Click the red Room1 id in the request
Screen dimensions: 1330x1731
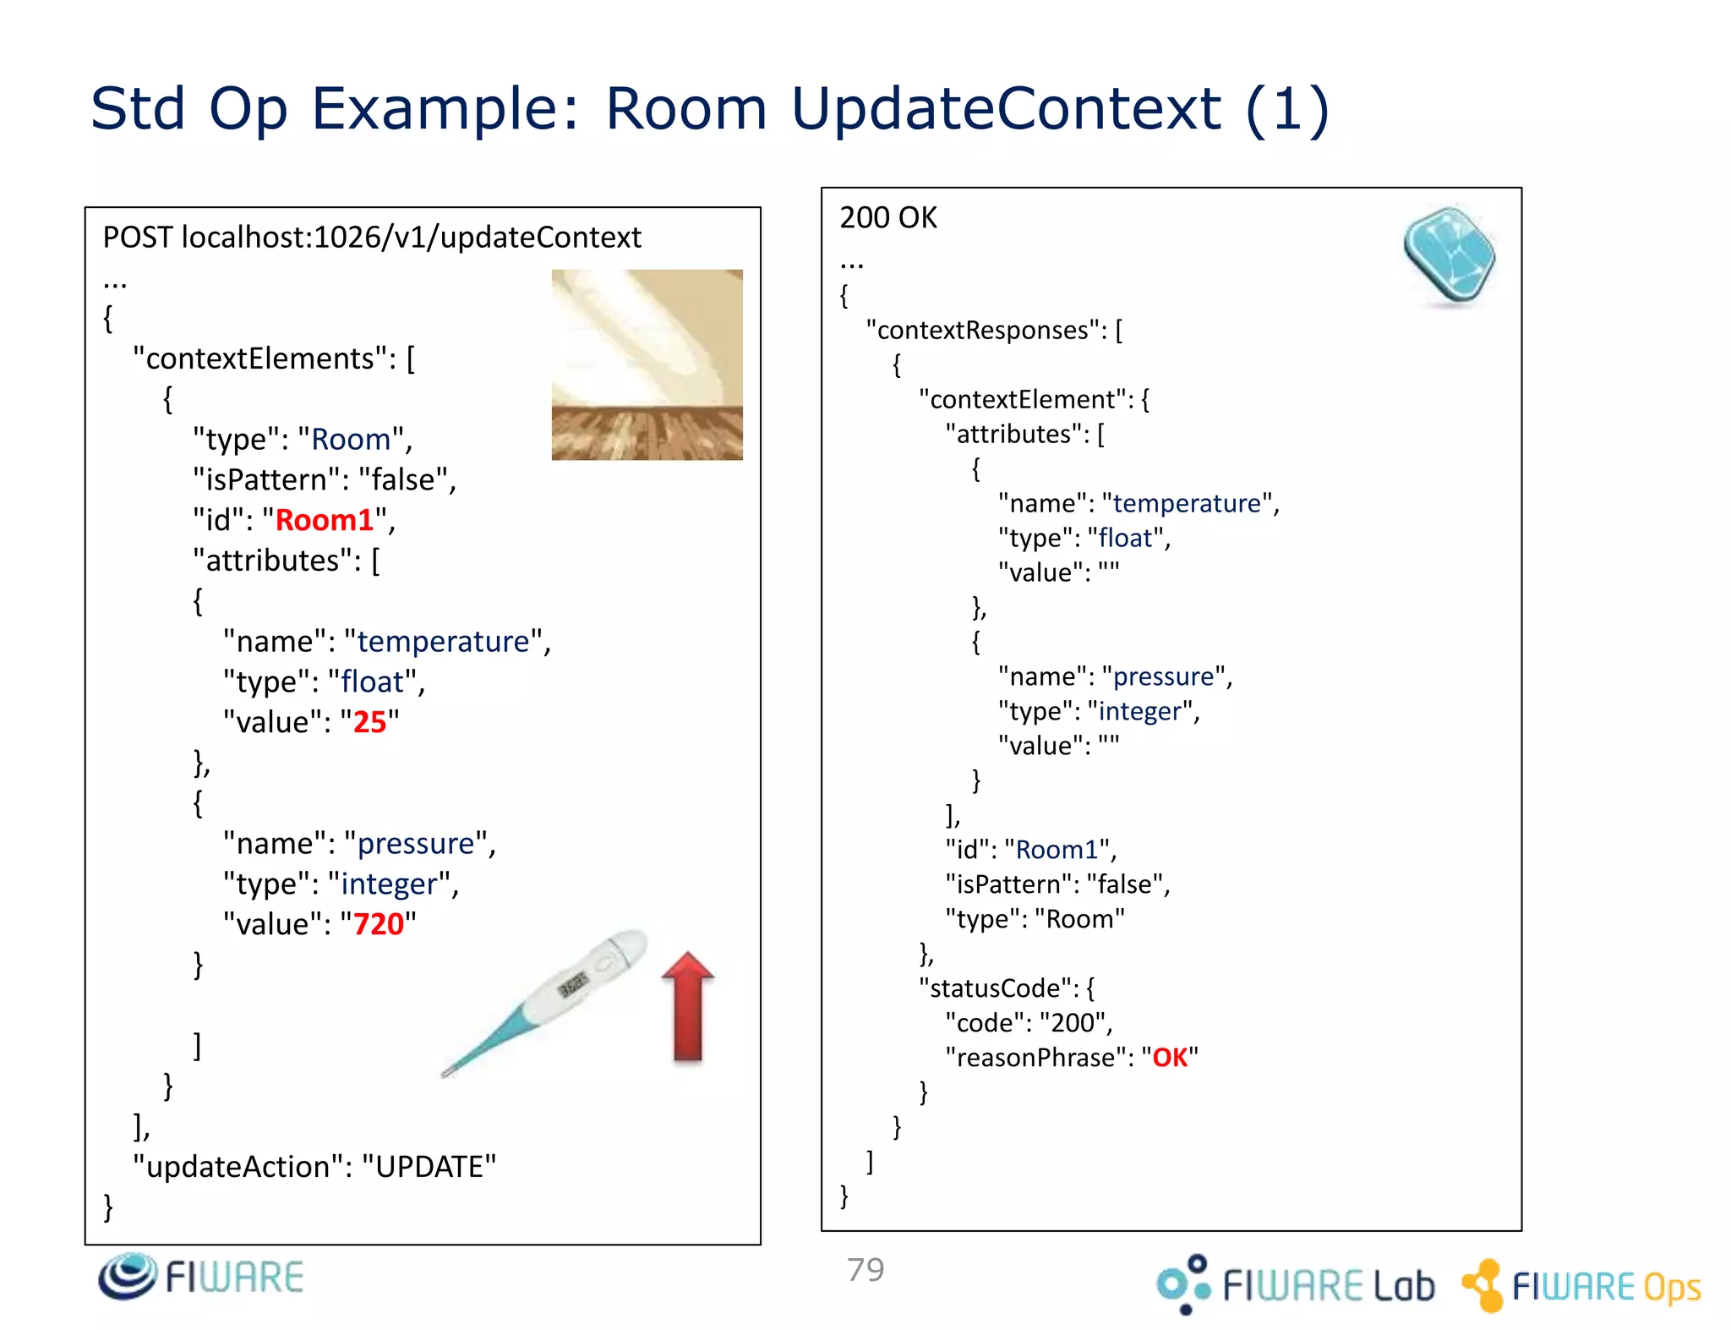pyautogui.click(x=325, y=520)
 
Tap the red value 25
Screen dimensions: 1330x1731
pyautogui.click(x=369, y=722)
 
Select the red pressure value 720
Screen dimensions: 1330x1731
pyautogui.click(x=379, y=924)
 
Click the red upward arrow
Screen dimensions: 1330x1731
pyautogui.click(x=688, y=1006)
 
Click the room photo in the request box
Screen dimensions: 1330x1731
pyautogui.click(x=647, y=364)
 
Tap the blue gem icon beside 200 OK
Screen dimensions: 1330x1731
pyautogui.click(x=1449, y=255)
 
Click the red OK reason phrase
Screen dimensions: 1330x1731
pyautogui.click(x=1170, y=1058)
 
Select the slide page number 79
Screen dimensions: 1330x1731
pyautogui.click(x=865, y=1270)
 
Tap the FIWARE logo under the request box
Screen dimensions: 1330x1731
pyautogui.click(x=201, y=1277)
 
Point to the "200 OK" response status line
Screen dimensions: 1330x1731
pyautogui.click(x=888, y=218)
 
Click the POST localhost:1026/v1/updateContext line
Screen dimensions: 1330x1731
pyautogui.click(x=372, y=238)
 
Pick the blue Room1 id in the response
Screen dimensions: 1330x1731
pyautogui.click(x=1057, y=850)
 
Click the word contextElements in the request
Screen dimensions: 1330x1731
pyautogui.click(x=259, y=358)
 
